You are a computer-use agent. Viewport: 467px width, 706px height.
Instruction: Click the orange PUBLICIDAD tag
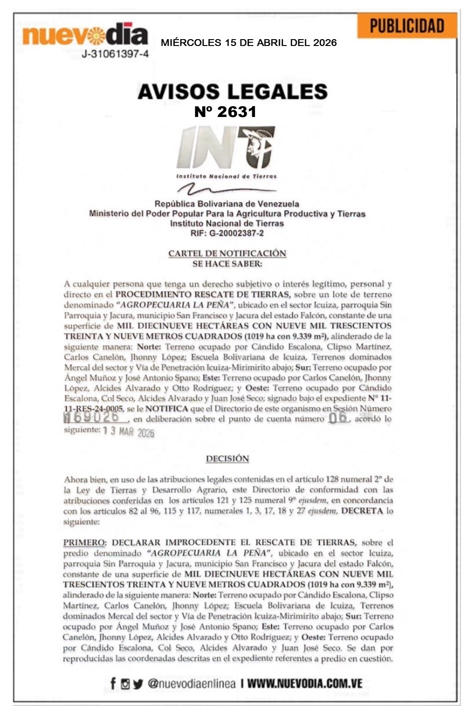tap(406, 25)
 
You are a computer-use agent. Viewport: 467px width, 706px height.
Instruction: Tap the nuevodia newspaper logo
tap(85, 34)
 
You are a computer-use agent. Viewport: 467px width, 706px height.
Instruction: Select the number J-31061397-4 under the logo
tap(115, 54)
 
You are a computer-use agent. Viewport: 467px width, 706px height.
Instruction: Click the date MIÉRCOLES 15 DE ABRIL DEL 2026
tap(249, 43)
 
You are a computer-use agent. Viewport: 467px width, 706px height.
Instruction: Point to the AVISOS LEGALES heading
tap(233, 91)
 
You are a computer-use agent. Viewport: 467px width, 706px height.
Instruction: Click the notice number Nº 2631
tap(225, 112)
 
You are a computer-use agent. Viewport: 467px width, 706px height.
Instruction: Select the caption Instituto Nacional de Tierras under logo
tap(226, 176)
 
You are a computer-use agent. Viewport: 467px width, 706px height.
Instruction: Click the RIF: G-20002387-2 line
tap(227, 234)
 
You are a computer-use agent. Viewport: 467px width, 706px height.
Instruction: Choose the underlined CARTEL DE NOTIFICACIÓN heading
tap(227, 253)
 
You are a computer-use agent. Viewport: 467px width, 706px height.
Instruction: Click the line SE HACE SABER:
tap(227, 264)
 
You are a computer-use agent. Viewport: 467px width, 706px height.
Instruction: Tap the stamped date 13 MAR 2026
tap(129, 431)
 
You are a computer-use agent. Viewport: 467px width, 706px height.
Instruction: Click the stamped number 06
tap(337, 417)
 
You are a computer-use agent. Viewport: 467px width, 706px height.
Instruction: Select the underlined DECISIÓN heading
tap(227, 459)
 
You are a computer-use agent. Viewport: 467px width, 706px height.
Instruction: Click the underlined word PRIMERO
tap(84, 543)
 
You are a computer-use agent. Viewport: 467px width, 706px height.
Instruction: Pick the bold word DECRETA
tap(362, 511)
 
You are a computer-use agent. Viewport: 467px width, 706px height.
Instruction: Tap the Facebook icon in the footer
tap(113, 683)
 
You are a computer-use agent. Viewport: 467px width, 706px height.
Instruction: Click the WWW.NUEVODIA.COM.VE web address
tap(305, 683)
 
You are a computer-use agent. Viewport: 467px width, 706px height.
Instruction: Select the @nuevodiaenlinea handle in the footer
tap(192, 683)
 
